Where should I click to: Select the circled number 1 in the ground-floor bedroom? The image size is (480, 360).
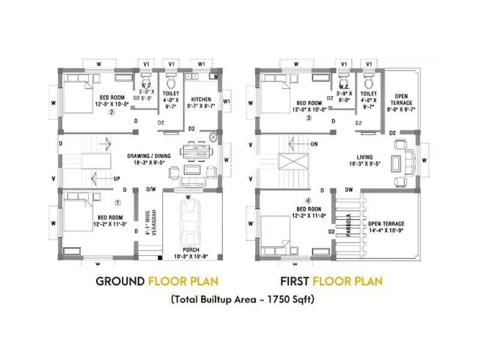[118, 202]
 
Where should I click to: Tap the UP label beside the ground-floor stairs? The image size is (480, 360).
[117, 179]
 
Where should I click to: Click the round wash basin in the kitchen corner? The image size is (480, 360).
[214, 137]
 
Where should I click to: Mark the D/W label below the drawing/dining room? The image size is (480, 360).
[151, 189]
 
